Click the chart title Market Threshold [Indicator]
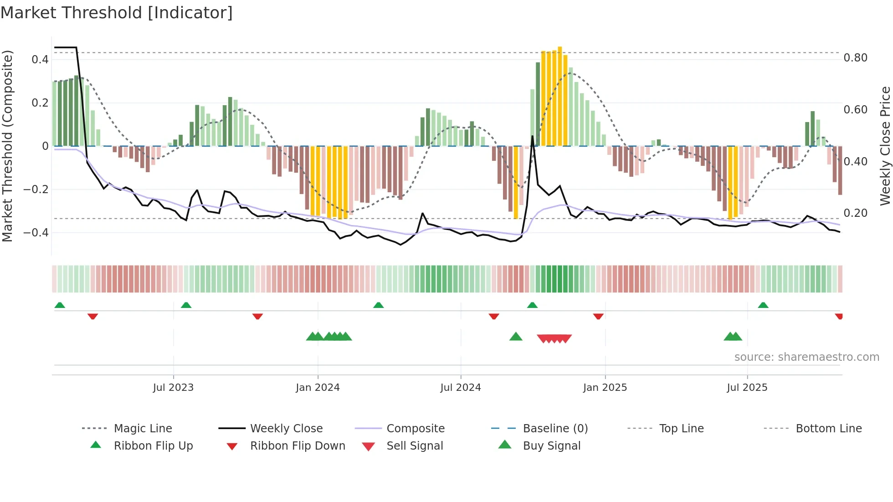click(x=117, y=13)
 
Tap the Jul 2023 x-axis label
click(x=173, y=388)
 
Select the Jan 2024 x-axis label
click(x=318, y=388)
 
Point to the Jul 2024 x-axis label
click(x=461, y=388)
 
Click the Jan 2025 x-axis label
click(x=605, y=388)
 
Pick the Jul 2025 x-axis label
click(x=747, y=388)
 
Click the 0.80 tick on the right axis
click(x=855, y=58)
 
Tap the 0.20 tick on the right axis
click(x=855, y=213)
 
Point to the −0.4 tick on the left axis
click(x=36, y=233)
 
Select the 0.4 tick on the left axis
click(x=40, y=59)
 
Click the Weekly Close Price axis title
click(x=885, y=146)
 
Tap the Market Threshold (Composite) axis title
click(x=7, y=146)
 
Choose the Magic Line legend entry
click(x=143, y=429)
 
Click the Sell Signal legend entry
click(x=415, y=446)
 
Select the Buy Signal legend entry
click(x=551, y=446)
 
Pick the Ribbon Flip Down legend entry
click(x=298, y=446)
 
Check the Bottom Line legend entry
click(x=828, y=429)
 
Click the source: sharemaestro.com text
click(x=806, y=357)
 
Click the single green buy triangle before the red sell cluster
click(x=516, y=337)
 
